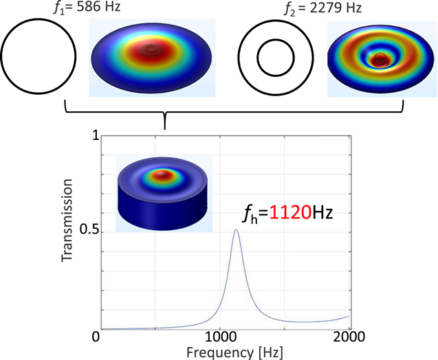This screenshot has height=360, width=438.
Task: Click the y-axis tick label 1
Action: click(x=96, y=137)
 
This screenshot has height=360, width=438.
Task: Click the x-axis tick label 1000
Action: click(x=223, y=338)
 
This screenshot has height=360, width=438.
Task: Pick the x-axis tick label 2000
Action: click(x=349, y=338)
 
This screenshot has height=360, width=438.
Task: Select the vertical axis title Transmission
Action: click(x=67, y=222)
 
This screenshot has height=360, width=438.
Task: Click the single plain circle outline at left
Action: click(x=38, y=58)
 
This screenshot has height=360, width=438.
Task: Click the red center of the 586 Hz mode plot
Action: click(x=151, y=53)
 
